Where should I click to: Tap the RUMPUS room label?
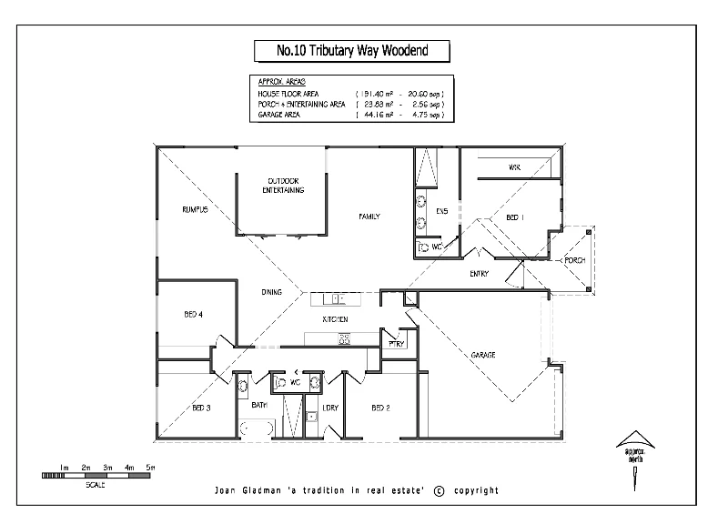[x=195, y=210]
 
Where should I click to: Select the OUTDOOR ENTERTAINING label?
[x=282, y=186]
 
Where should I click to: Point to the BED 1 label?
[x=515, y=217]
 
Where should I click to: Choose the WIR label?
[x=514, y=167]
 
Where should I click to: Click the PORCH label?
[x=575, y=260]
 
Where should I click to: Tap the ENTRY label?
[x=479, y=274]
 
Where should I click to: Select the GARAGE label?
[x=482, y=355]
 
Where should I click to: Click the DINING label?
[x=271, y=292]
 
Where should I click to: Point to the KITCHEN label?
[x=336, y=321]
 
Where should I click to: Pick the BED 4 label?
[x=193, y=315]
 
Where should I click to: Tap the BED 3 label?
[x=201, y=408]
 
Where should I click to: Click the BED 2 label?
[x=380, y=408]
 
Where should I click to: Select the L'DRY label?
[x=329, y=408]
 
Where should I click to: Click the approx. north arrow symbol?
[x=632, y=443]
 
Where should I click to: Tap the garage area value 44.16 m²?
[x=376, y=116]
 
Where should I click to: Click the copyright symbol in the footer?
[x=439, y=490]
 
